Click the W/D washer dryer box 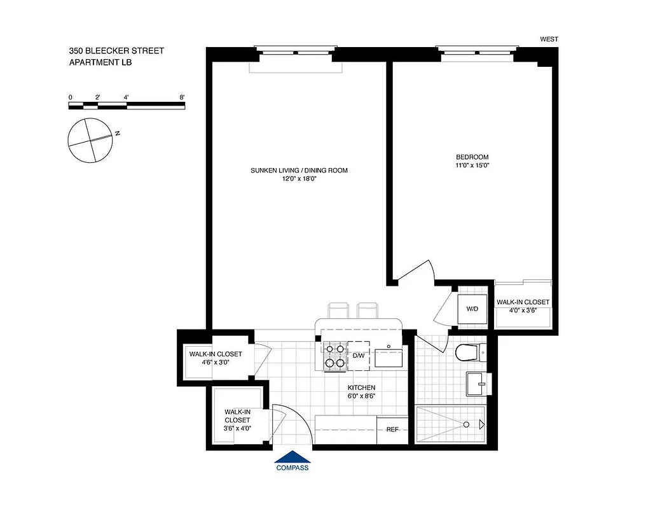(x=472, y=309)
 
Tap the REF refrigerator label (x=392, y=429)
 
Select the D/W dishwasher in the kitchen (x=359, y=355)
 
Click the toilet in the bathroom (x=468, y=352)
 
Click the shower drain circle (x=467, y=424)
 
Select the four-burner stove (x=334, y=356)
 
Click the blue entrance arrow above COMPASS (x=292, y=457)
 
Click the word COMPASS (x=292, y=468)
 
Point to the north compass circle (x=92, y=140)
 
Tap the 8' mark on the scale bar (x=182, y=97)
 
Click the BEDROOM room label (x=472, y=157)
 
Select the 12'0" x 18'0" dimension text (x=299, y=179)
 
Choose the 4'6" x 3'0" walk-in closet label (x=215, y=362)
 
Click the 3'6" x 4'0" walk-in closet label (x=237, y=428)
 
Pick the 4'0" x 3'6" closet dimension (x=523, y=310)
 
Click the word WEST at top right (x=549, y=39)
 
